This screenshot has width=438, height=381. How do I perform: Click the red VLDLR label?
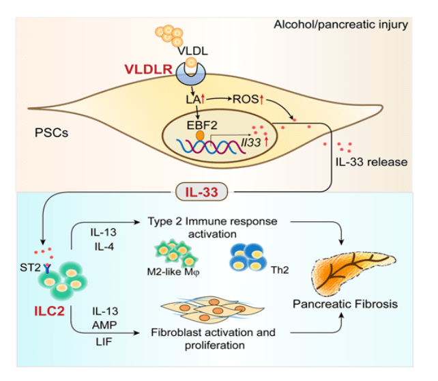(x=147, y=69)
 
